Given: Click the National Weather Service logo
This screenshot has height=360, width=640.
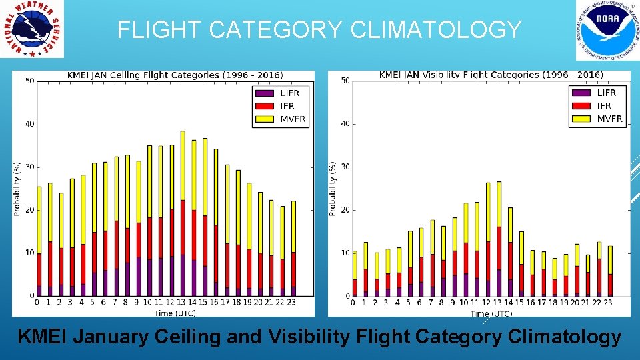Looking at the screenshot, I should point(32,29).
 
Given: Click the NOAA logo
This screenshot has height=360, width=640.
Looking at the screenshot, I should point(603,29).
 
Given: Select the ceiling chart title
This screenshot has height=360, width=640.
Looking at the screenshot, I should point(175,75).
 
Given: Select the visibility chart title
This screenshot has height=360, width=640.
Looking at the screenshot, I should point(491,75).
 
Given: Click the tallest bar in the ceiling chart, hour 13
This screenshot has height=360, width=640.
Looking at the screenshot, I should point(183,213).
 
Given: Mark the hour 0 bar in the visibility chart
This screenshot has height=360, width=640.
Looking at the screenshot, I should point(355,273).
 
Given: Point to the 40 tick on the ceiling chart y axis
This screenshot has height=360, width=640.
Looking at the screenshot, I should point(30,124).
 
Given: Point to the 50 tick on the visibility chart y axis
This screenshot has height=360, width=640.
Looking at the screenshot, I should point(345,81).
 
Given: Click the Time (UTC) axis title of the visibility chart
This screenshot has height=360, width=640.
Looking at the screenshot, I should point(491,313).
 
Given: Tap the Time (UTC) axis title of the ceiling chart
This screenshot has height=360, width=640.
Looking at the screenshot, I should point(175,312).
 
